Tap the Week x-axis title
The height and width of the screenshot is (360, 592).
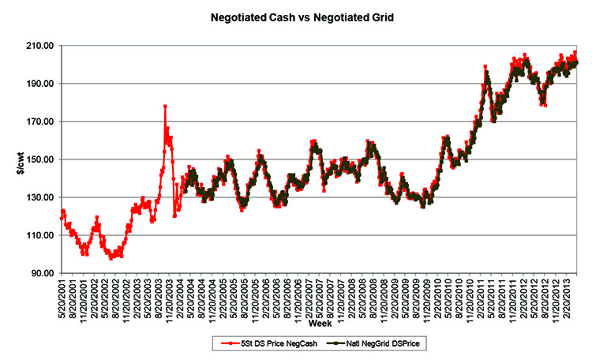tap(319, 324)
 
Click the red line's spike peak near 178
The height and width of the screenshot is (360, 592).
tap(165, 106)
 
